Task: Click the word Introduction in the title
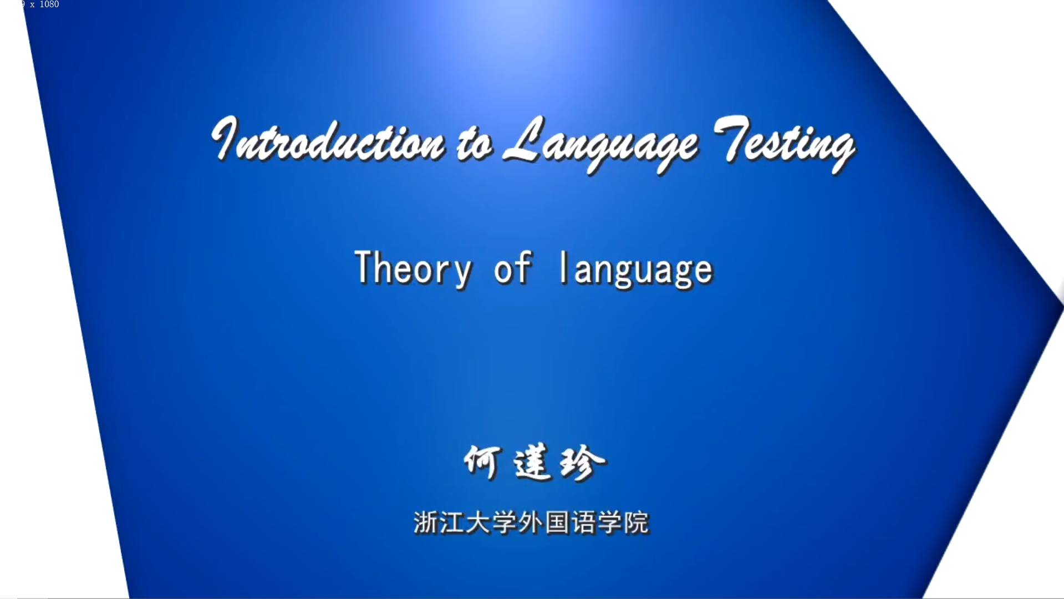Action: (328, 140)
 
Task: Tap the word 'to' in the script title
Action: (474, 143)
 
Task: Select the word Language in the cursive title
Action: (600, 144)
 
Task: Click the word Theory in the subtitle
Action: (413, 269)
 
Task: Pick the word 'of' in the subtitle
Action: (513, 267)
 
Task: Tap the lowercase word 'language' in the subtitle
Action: (636, 270)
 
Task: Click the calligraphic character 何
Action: (482, 461)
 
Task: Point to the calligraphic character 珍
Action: (582, 463)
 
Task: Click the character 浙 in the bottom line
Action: (426, 522)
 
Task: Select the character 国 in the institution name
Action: (557, 522)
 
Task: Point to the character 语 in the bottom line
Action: (583, 522)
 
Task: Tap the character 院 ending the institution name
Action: (637, 522)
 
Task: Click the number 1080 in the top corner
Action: (49, 4)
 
